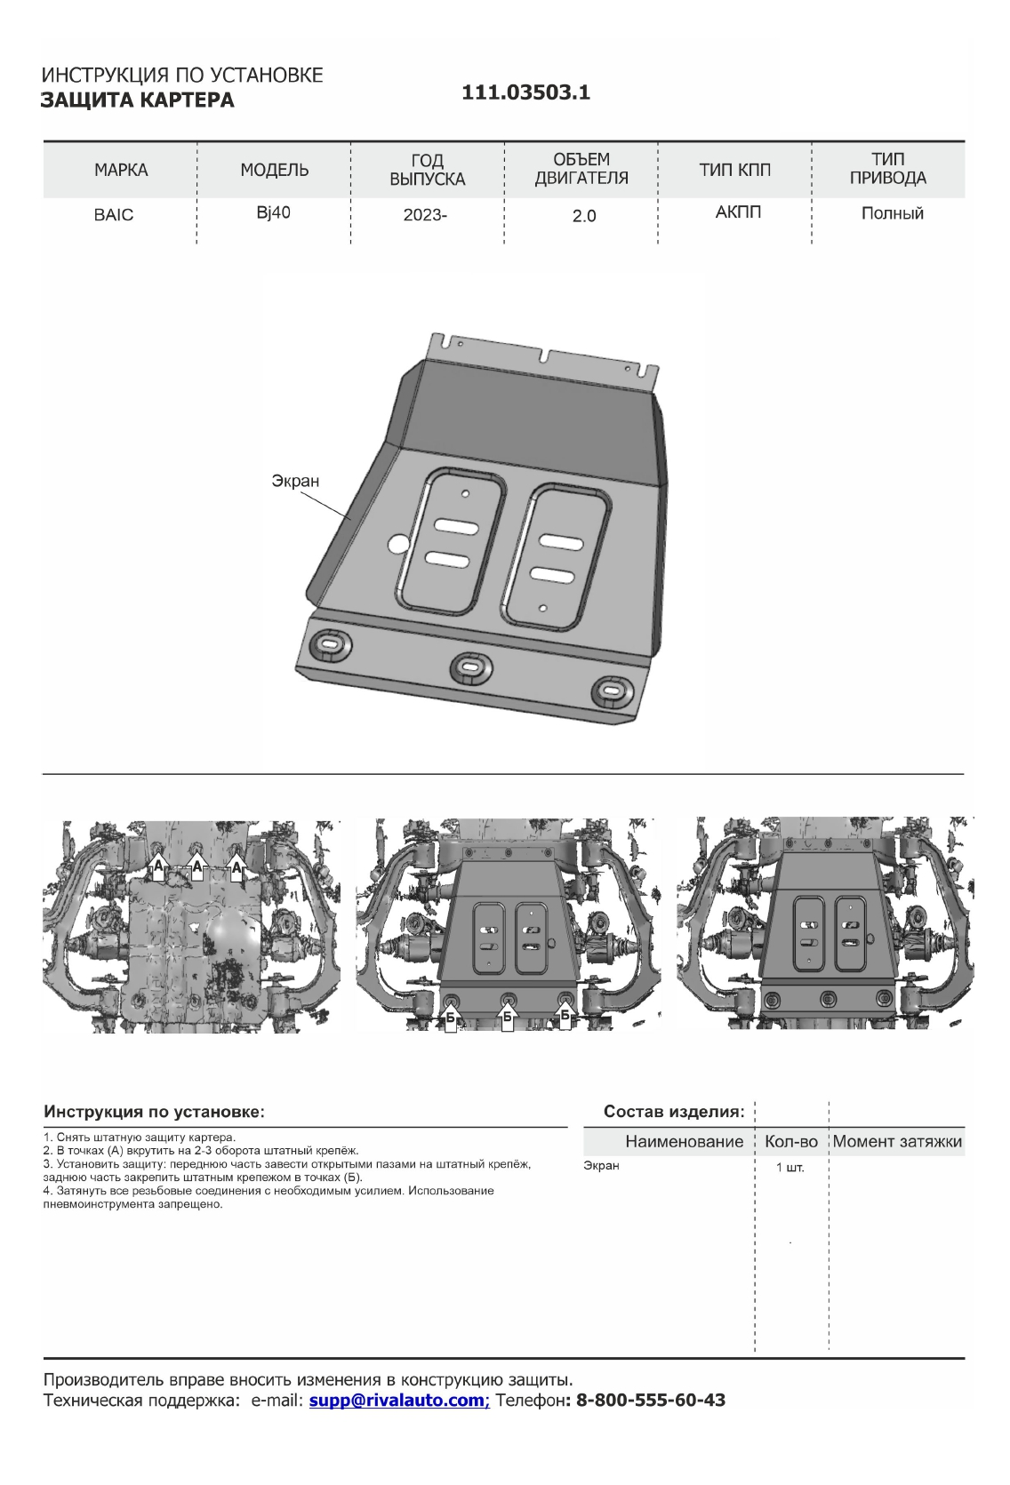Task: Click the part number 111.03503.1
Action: point(525,93)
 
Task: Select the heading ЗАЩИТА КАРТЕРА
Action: point(138,100)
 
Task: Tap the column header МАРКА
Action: point(121,170)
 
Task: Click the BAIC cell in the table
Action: point(114,215)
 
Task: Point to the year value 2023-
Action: point(425,215)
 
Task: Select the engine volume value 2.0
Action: point(583,216)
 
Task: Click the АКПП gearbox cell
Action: point(738,212)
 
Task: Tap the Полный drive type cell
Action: point(892,213)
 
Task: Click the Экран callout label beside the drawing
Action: point(295,481)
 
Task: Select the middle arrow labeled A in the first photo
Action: point(197,867)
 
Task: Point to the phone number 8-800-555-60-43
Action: point(651,1401)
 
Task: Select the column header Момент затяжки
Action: point(897,1142)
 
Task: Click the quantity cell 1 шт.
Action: point(790,1168)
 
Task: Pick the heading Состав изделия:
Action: point(674,1111)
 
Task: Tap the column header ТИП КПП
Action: point(735,170)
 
